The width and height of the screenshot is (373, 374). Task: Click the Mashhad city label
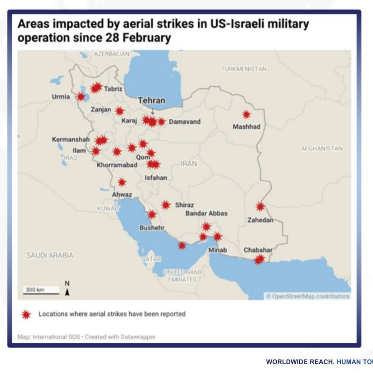(x=246, y=127)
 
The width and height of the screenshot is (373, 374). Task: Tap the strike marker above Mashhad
(x=246, y=115)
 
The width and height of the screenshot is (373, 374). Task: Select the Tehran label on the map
(x=152, y=100)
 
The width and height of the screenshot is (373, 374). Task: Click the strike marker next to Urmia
(x=81, y=97)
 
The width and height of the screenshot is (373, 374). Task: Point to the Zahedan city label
(x=260, y=220)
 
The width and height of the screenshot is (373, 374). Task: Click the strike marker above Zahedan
(x=260, y=206)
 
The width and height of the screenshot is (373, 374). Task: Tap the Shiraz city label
(x=184, y=205)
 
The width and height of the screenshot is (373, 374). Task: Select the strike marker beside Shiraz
(x=166, y=205)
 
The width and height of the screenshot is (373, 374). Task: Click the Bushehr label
(x=152, y=228)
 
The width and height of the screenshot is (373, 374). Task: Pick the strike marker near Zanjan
(x=119, y=111)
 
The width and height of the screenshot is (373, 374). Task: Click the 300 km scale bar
(x=41, y=291)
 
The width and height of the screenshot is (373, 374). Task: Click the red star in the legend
(x=26, y=314)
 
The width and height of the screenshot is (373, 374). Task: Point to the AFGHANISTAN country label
(x=321, y=148)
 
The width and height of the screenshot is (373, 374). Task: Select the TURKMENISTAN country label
(x=244, y=69)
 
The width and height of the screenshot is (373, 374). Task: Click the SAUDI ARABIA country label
(x=50, y=255)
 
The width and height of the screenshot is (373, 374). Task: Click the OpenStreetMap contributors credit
(x=308, y=296)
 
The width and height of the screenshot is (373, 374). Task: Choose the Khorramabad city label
(x=117, y=165)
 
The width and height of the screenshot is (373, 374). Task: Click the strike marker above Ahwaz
(x=122, y=182)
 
